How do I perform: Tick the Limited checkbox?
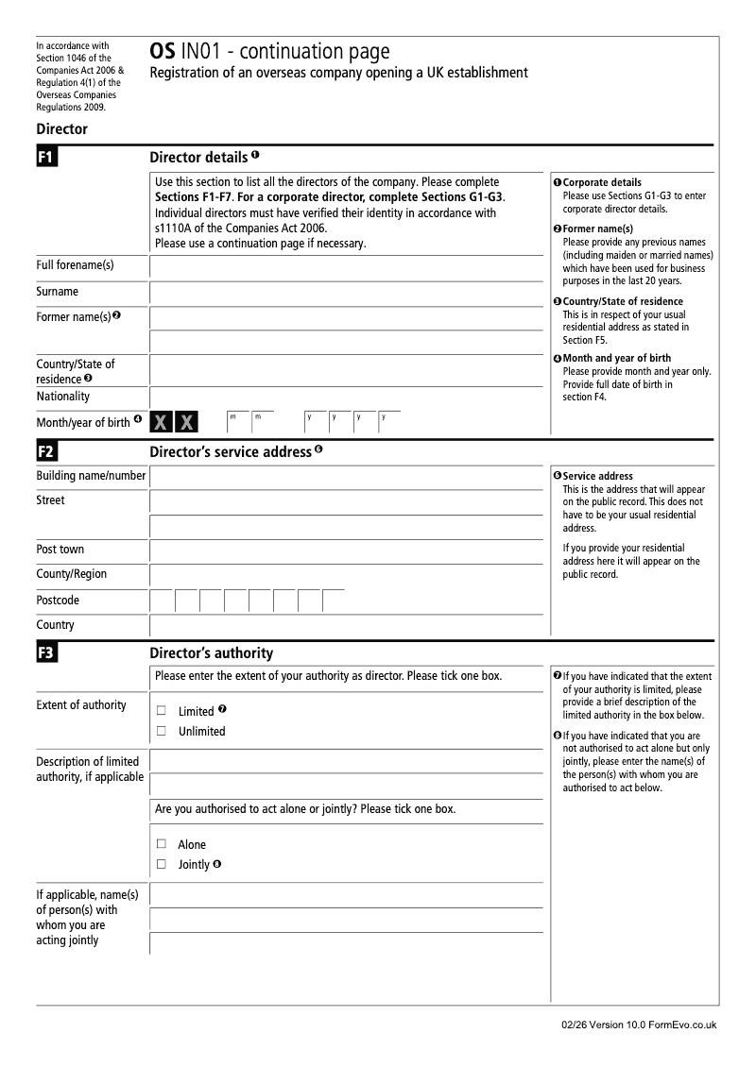point(162,710)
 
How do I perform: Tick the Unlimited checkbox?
point(162,731)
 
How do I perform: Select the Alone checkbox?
point(162,844)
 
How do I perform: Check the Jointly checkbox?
point(162,864)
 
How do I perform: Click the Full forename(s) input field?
point(347,266)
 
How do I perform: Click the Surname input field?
point(347,293)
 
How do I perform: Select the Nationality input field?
point(347,398)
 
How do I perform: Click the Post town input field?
point(347,550)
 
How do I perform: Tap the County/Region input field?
point(347,575)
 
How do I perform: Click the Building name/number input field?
point(347,477)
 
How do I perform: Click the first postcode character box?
point(162,601)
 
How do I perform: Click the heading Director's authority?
point(212,652)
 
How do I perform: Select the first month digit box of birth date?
point(237,422)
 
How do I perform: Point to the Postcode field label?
point(58,601)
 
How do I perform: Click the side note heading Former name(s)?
point(597,229)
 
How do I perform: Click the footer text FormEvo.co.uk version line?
point(638,1025)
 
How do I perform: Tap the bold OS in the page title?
point(161,53)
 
